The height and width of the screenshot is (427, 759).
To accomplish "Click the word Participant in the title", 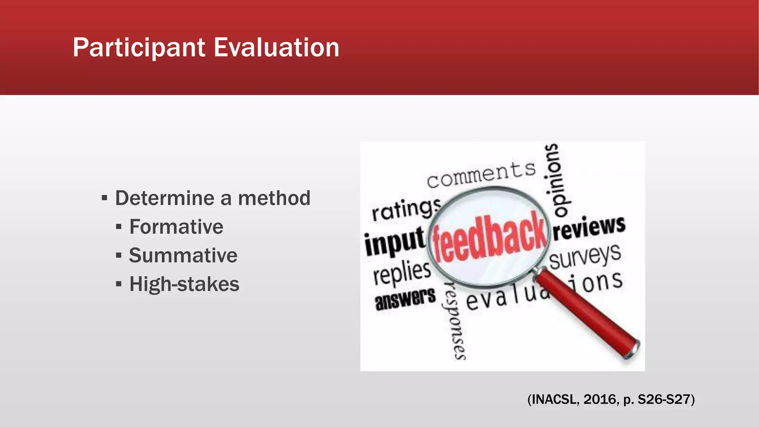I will (x=139, y=48).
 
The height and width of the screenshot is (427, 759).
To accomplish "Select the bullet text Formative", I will (x=176, y=227).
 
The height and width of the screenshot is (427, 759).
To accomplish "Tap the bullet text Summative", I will (x=183, y=255).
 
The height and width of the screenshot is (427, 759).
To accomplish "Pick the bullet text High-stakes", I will (x=184, y=284).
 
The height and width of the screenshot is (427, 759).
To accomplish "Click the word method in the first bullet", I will (x=274, y=198).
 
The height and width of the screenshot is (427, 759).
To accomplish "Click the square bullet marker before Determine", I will (x=105, y=198).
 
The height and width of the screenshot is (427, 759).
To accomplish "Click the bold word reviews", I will (x=589, y=227).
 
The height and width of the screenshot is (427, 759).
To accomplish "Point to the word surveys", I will (x=585, y=256).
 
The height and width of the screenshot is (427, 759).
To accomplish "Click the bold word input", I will (x=394, y=242).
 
